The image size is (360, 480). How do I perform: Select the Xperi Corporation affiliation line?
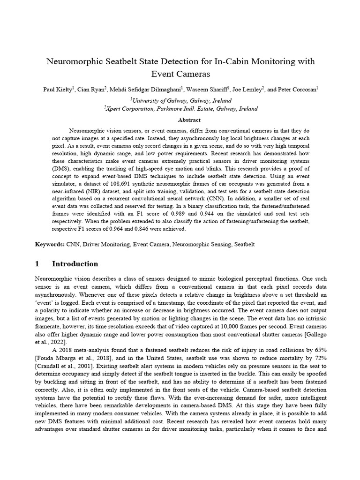[x=181, y=108]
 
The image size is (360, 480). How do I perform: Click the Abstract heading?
[x=180, y=120]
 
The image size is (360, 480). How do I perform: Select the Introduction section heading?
[x=75, y=263]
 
